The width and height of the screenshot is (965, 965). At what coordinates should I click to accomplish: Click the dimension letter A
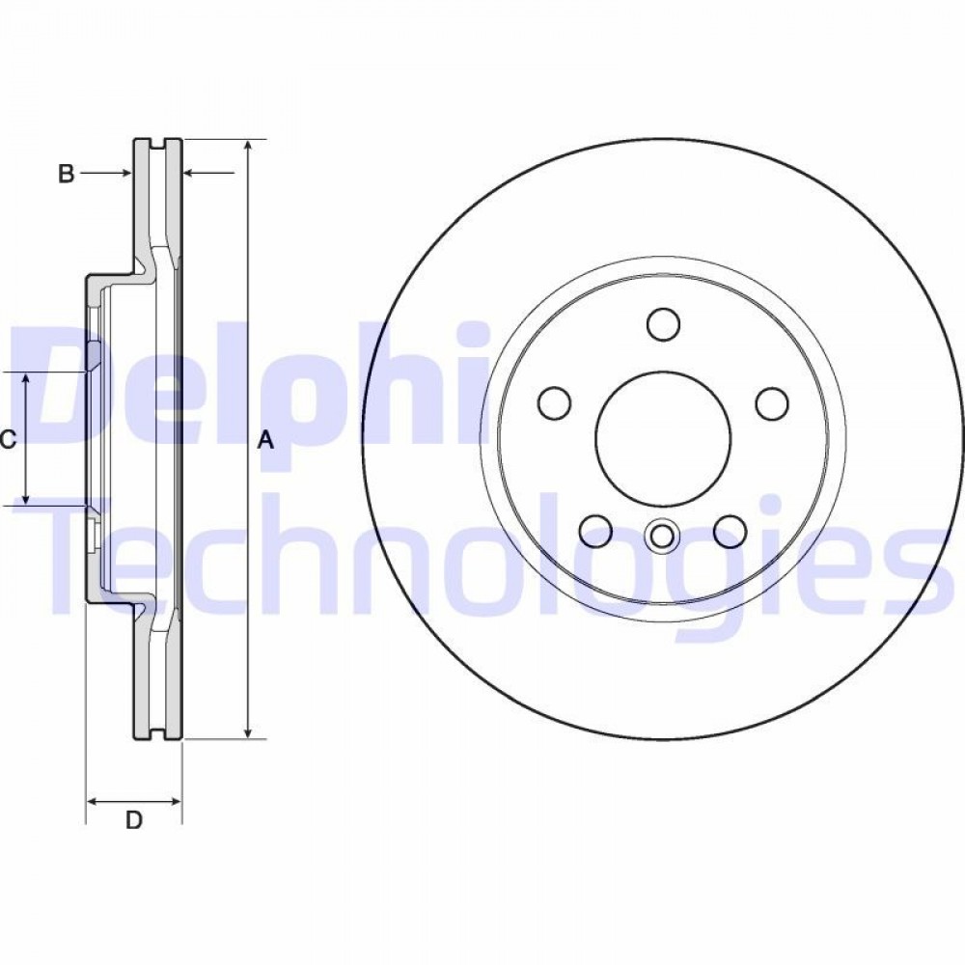coord(265,441)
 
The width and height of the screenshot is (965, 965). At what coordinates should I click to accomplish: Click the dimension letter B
coord(67,174)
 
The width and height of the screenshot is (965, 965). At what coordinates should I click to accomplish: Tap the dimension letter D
coord(134,819)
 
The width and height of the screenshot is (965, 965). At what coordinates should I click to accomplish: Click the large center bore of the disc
coord(663,437)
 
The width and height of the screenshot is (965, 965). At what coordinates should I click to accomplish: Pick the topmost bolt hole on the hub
coord(664,323)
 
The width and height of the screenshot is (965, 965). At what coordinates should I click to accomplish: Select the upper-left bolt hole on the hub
coord(554,403)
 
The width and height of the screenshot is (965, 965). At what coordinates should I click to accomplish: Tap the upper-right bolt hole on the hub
coord(772,403)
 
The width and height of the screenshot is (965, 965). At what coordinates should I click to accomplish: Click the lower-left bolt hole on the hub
coord(595,531)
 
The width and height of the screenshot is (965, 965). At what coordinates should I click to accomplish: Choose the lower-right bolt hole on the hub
coord(731,531)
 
